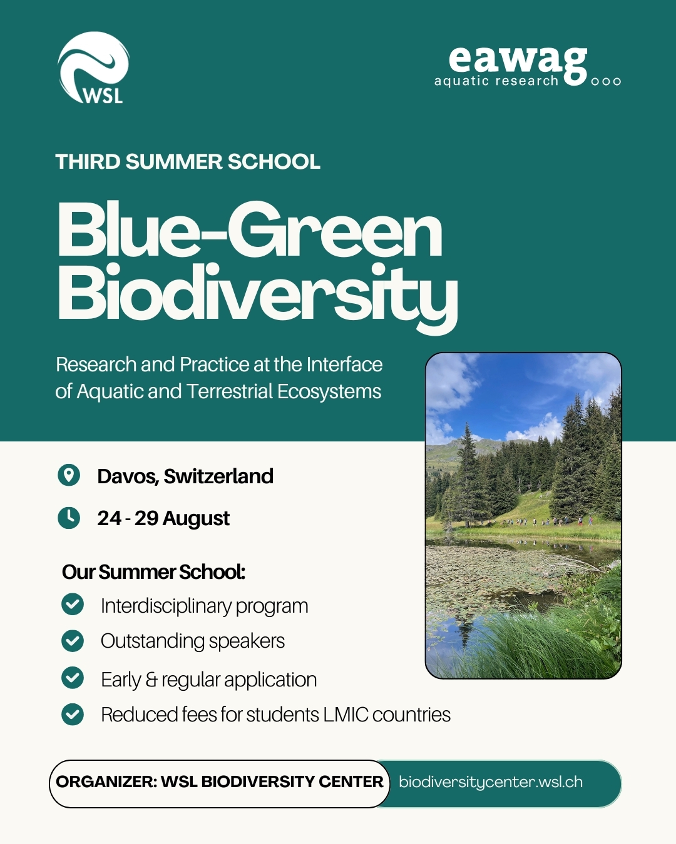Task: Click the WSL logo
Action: pos(93,68)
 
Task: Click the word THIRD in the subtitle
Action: pos(88,162)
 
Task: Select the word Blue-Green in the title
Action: pos(250,231)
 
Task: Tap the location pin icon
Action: pos(69,475)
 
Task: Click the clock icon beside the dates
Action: pos(69,518)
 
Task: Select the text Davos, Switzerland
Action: pos(185,476)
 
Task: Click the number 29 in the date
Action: pos(146,518)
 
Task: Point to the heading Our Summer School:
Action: pos(153,572)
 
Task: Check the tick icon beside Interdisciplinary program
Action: pos(73,605)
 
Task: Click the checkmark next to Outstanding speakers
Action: pos(73,641)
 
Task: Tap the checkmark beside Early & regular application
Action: pos(73,678)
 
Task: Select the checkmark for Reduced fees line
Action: pos(73,714)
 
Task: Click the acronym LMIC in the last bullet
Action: pos(346,715)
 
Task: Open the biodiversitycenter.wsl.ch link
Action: pos(491,782)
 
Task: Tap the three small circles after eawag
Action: pos(606,81)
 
